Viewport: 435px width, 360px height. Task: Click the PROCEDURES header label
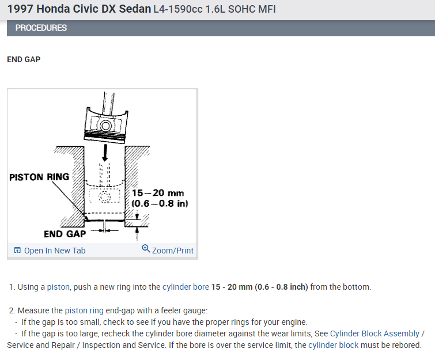click(x=41, y=28)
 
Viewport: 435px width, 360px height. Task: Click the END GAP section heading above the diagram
click(x=24, y=60)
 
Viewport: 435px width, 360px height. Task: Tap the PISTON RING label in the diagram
click(x=39, y=177)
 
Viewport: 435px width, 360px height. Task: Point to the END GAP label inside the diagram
click(x=65, y=234)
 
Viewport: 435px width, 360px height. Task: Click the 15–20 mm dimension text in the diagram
click(x=157, y=193)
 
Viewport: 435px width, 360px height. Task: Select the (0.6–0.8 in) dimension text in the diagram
click(x=160, y=203)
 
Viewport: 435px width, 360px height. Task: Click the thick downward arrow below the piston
click(x=105, y=153)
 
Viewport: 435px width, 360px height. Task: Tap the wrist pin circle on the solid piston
click(x=105, y=126)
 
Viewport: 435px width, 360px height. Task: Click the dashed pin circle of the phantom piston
click(x=104, y=197)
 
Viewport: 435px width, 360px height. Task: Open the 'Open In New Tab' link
click(x=55, y=251)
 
